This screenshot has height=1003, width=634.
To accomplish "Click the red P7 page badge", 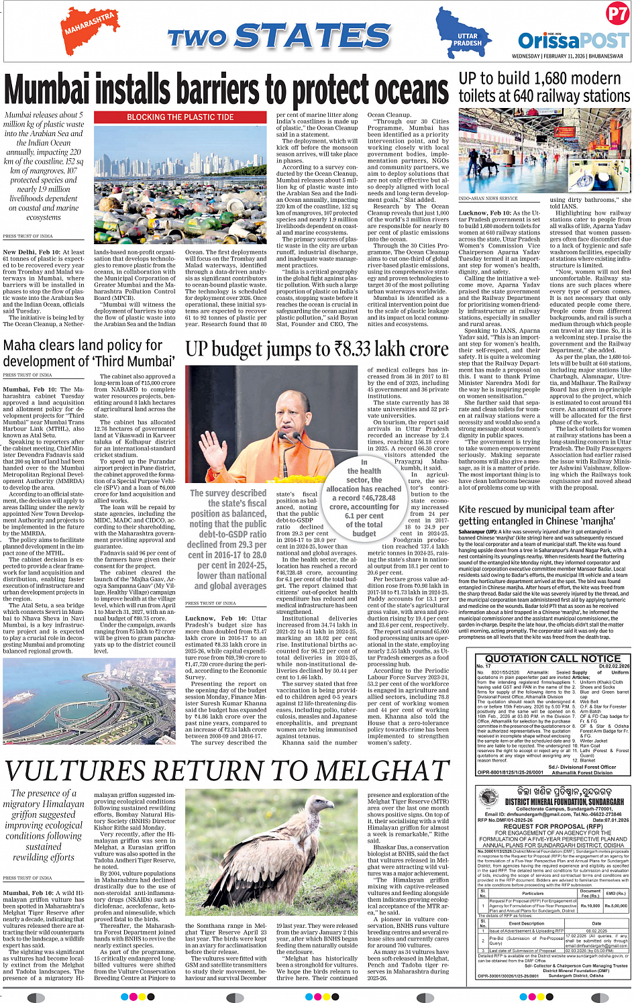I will click(617, 14).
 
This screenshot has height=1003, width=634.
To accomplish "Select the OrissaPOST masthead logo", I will click(573, 40).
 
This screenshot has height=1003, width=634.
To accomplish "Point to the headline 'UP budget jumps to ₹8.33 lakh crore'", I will click(317, 350).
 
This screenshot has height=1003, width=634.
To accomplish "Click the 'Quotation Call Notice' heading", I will click(553, 658).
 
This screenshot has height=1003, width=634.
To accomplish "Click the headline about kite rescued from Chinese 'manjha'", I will click(536, 515).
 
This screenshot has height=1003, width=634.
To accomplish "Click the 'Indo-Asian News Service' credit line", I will click(488, 199).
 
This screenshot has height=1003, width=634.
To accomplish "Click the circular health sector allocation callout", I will click(364, 496).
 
